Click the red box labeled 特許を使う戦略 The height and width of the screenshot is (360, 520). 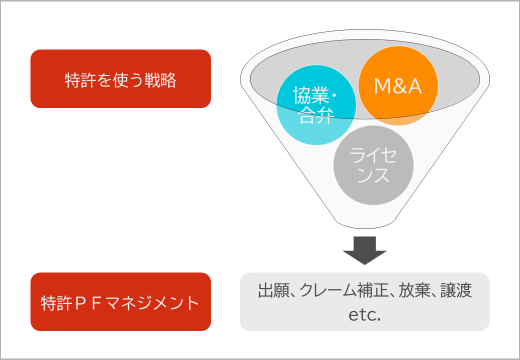pos(120,78)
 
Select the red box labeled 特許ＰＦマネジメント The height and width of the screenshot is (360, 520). pos(120,301)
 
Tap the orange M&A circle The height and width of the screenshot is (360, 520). pos(398,85)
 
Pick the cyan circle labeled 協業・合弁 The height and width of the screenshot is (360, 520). pos(316,105)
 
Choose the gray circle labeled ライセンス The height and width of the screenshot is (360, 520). pos(373,165)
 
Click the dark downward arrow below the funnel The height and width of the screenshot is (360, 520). pos(364,250)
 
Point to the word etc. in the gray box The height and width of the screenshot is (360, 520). pos(364,314)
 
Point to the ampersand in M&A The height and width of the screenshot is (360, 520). pos(398,86)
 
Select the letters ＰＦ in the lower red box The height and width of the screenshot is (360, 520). pos(88,303)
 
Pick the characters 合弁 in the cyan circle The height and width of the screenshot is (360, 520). pos(316,115)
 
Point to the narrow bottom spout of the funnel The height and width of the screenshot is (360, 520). pos(365,224)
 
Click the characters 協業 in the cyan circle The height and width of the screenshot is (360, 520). pos(310,95)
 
